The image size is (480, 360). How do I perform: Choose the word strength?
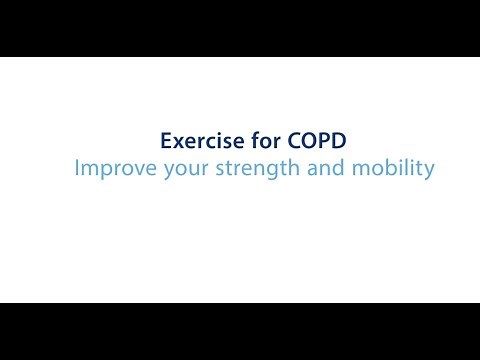tap(248, 169)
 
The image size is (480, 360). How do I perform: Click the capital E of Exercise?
tap(167, 141)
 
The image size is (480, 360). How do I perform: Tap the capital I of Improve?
tap(77, 168)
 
